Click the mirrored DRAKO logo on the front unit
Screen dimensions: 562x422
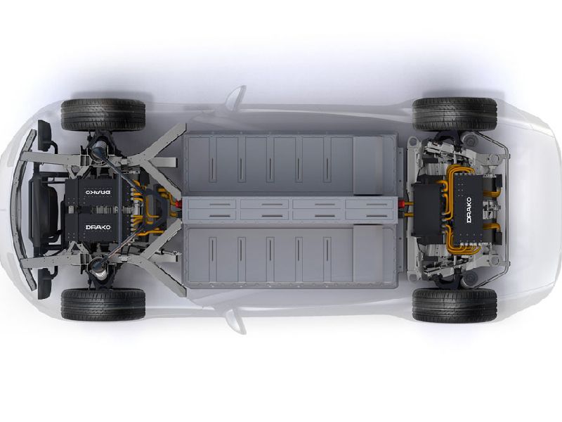tap(98, 192)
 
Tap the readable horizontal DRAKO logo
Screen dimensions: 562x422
tap(98, 227)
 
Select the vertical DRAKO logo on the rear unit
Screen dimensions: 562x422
tap(469, 210)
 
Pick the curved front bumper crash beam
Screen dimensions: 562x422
tap(22, 209)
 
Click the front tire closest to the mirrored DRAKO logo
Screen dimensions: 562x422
tap(103, 115)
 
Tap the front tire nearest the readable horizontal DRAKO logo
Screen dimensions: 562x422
tap(103, 305)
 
